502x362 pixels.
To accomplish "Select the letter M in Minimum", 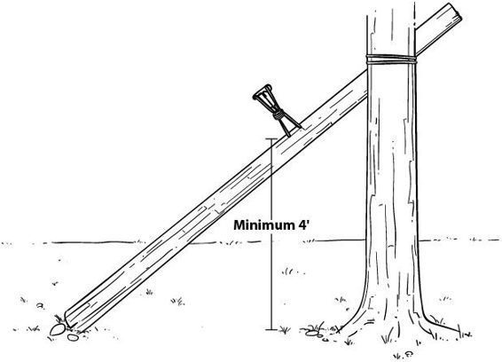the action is click(x=239, y=224).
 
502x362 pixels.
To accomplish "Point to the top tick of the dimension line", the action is click(x=271, y=138).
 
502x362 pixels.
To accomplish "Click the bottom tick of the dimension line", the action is click(x=271, y=329).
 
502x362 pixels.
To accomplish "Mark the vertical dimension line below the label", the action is click(x=271, y=280).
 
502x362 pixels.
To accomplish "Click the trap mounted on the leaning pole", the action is click(x=276, y=109).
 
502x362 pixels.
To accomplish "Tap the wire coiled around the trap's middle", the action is click(x=278, y=114).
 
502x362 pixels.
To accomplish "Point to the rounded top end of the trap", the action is click(x=263, y=91).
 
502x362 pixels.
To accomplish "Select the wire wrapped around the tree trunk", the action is click(x=391, y=59).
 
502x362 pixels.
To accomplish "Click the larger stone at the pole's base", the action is click(x=58, y=329).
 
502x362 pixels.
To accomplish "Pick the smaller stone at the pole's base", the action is click(x=73, y=337).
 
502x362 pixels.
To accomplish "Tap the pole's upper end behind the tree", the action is click(x=439, y=28).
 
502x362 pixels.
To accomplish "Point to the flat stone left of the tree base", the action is click(x=312, y=334).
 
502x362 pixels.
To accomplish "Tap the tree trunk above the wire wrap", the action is click(x=391, y=28).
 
